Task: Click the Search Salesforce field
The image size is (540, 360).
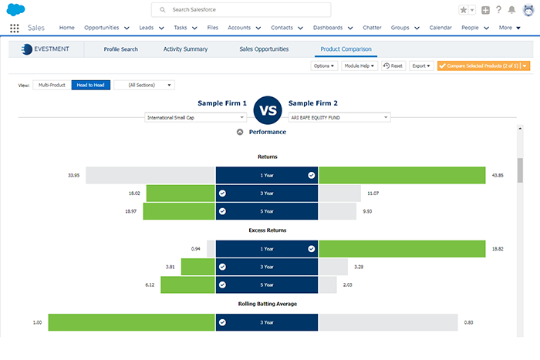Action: pos(241,9)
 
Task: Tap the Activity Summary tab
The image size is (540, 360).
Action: pos(185,49)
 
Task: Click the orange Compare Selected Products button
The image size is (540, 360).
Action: pos(479,66)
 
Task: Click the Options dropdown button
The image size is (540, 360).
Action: pos(324,66)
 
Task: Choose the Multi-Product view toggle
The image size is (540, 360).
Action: pos(51,85)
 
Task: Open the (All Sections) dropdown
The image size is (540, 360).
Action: pos(144,85)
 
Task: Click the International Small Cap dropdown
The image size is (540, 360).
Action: pos(195,117)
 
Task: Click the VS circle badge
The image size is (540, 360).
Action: pos(268,109)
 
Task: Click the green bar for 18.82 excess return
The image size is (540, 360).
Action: pos(401,249)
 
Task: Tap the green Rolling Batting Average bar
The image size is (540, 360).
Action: pos(131,323)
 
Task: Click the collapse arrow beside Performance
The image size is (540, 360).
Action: pos(240,133)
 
